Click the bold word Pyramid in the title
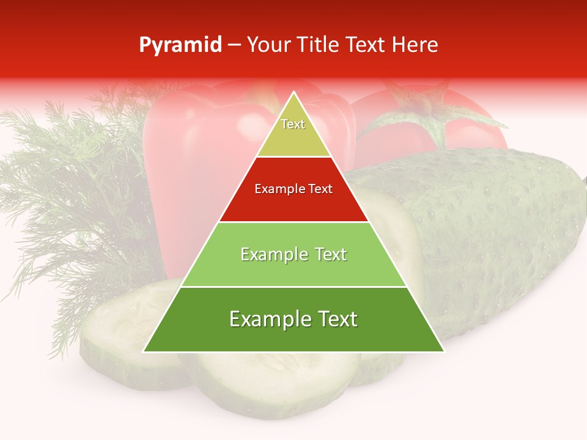click(x=180, y=45)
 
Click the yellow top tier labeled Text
click(x=293, y=131)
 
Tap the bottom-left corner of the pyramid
click(x=144, y=352)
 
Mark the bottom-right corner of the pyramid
click(x=444, y=352)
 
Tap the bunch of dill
click(x=67, y=183)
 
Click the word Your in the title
click(x=267, y=45)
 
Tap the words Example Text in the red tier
click(x=293, y=189)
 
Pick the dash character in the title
click(x=234, y=46)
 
